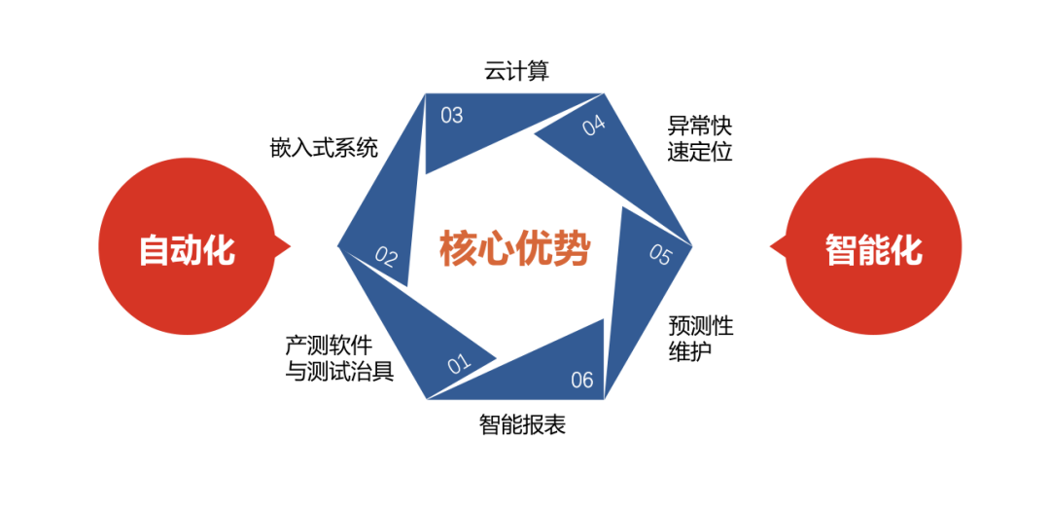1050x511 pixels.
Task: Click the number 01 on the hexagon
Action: click(x=459, y=365)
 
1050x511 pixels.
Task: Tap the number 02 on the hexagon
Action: click(x=387, y=258)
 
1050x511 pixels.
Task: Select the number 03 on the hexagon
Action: click(x=451, y=116)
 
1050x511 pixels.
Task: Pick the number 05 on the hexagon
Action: click(x=660, y=255)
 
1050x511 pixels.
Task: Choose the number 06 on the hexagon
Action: click(x=582, y=380)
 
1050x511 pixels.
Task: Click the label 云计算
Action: click(x=516, y=71)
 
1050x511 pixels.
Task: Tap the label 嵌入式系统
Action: click(x=324, y=149)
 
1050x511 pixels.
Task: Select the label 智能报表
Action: click(x=522, y=425)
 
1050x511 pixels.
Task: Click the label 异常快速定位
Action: click(x=699, y=138)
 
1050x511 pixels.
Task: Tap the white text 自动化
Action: click(x=187, y=250)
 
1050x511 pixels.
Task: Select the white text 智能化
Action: click(x=873, y=250)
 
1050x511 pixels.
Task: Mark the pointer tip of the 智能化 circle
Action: click(x=770, y=248)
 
